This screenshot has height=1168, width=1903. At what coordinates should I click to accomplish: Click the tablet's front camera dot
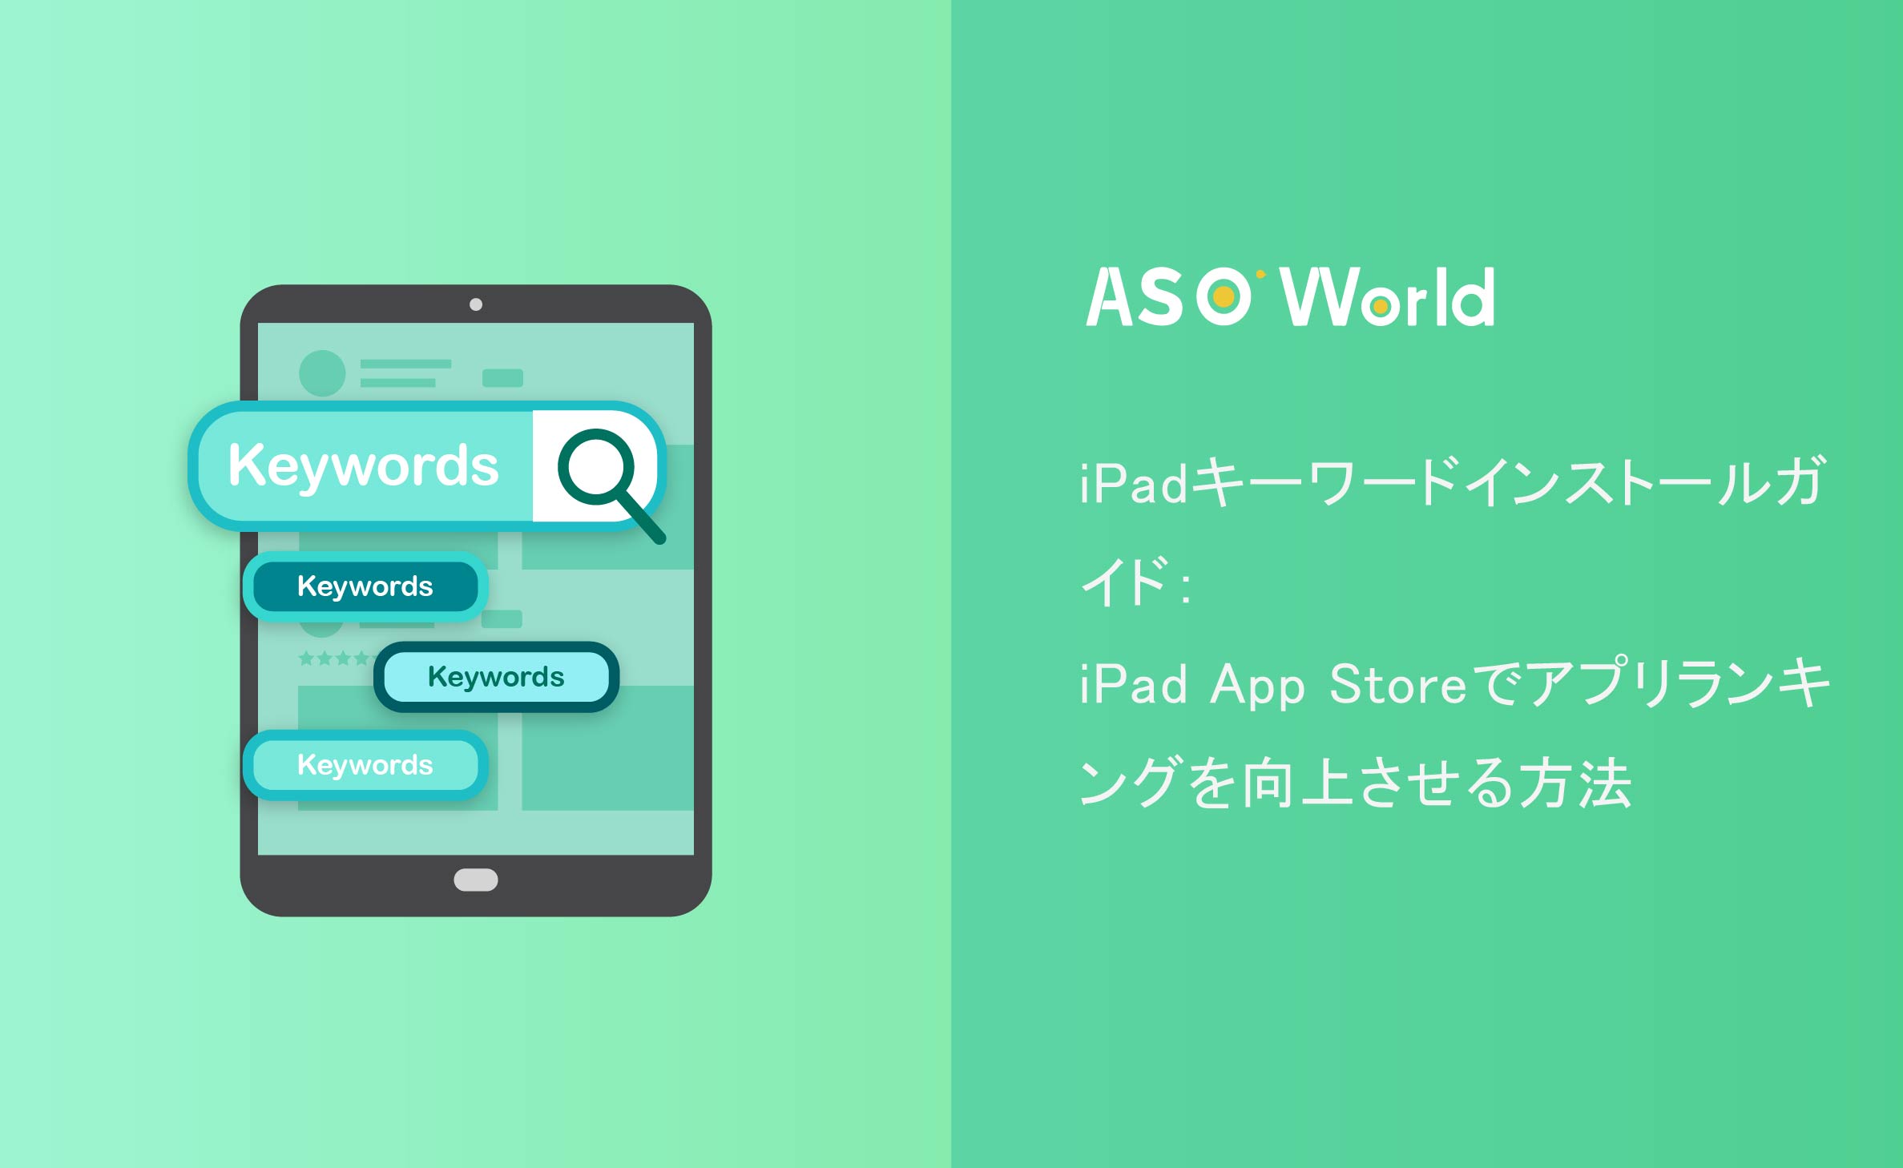click(476, 304)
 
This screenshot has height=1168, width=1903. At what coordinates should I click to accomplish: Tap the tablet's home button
click(476, 880)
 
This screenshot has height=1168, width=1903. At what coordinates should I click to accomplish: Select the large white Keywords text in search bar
click(363, 467)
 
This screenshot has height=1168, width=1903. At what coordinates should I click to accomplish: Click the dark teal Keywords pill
click(365, 586)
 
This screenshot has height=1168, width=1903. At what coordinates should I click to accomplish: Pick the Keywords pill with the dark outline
click(496, 677)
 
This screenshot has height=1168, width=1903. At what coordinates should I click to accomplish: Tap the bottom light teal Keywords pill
click(365, 765)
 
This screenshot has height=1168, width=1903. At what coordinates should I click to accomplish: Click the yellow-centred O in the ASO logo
click(1224, 297)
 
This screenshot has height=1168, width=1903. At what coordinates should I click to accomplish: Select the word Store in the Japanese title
click(1397, 685)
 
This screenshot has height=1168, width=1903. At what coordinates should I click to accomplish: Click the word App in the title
click(1257, 687)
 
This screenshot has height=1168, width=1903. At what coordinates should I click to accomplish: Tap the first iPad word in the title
click(1133, 484)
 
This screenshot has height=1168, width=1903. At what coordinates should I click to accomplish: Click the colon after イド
click(1186, 586)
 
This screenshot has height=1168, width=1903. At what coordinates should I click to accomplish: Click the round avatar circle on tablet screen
click(322, 373)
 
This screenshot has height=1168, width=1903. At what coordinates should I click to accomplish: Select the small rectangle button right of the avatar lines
click(502, 378)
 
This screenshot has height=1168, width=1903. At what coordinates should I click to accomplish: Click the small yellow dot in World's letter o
click(1380, 307)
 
